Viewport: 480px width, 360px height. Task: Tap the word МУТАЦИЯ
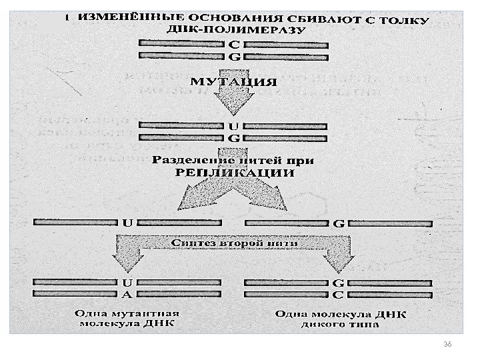tap(233, 83)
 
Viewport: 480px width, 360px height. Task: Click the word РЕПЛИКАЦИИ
tap(234, 173)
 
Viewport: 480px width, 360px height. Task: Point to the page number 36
tap(447, 343)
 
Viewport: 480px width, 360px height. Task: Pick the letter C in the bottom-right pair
tap(338, 293)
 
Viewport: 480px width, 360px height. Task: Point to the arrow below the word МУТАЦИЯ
tap(233, 105)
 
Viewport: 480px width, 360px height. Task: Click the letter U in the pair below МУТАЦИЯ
tap(233, 125)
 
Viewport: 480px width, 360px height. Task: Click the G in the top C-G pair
tap(233, 57)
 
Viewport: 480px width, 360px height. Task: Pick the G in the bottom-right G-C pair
tap(338, 282)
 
